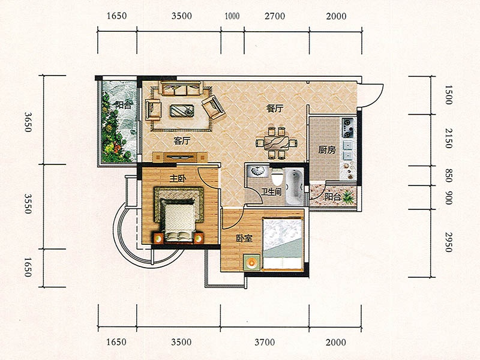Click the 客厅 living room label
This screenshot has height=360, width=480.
click(x=182, y=141)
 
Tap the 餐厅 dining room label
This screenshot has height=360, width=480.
click(x=275, y=109)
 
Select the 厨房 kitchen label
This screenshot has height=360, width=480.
click(x=327, y=150)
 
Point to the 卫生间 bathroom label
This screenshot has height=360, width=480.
click(x=271, y=192)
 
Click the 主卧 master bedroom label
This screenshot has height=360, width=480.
click(x=178, y=179)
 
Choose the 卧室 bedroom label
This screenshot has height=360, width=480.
click(x=244, y=238)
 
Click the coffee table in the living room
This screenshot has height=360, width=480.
click(x=182, y=111)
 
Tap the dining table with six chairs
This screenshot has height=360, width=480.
click(x=277, y=143)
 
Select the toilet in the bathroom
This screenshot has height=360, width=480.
click(x=277, y=178)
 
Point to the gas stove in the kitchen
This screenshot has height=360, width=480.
click(x=348, y=128)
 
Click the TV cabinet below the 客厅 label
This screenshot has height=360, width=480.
click(x=181, y=157)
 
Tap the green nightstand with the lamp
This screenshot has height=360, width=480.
click(x=251, y=262)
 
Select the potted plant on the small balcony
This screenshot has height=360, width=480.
click(x=348, y=197)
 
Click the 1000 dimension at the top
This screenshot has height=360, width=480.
click(x=232, y=16)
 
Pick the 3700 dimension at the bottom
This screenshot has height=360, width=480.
click(x=265, y=342)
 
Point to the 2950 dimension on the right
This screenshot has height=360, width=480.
click(x=448, y=242)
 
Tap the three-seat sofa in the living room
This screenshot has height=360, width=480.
click(x=181, y=88)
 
